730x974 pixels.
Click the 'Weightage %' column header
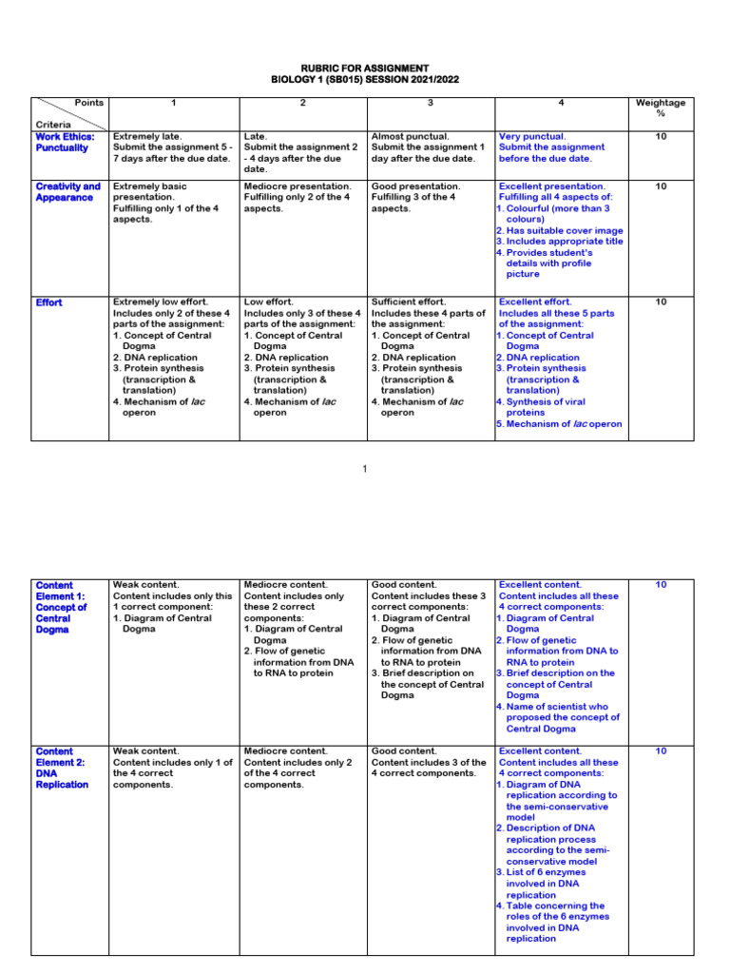click(661, 107)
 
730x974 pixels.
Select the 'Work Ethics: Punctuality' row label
click(62, 142)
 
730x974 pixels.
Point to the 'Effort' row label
click(48, 302)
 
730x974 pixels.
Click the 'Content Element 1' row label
click(62, 607)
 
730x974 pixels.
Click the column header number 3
click(431, 102)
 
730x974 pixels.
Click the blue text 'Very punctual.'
click(532, 136)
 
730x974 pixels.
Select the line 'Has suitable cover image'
click(562, 230)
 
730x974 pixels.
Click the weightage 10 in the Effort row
click(661, 302)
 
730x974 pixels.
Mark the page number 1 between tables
click(365, 468)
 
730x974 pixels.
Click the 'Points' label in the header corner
click(89, 102)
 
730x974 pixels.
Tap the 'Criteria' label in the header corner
click(52, 125)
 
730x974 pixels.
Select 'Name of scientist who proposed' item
click(562, 711)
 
